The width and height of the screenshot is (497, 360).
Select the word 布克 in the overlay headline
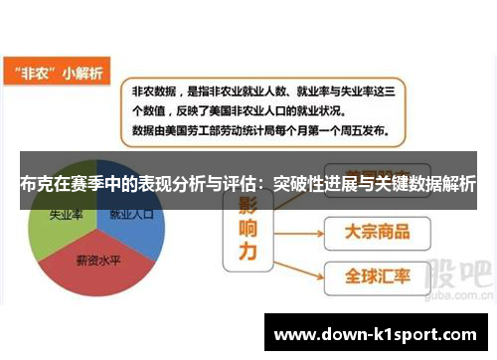coord(35,183)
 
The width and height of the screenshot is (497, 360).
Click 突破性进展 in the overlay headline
coord(303,183)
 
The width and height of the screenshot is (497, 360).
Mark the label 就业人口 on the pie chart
coord(131,214)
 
